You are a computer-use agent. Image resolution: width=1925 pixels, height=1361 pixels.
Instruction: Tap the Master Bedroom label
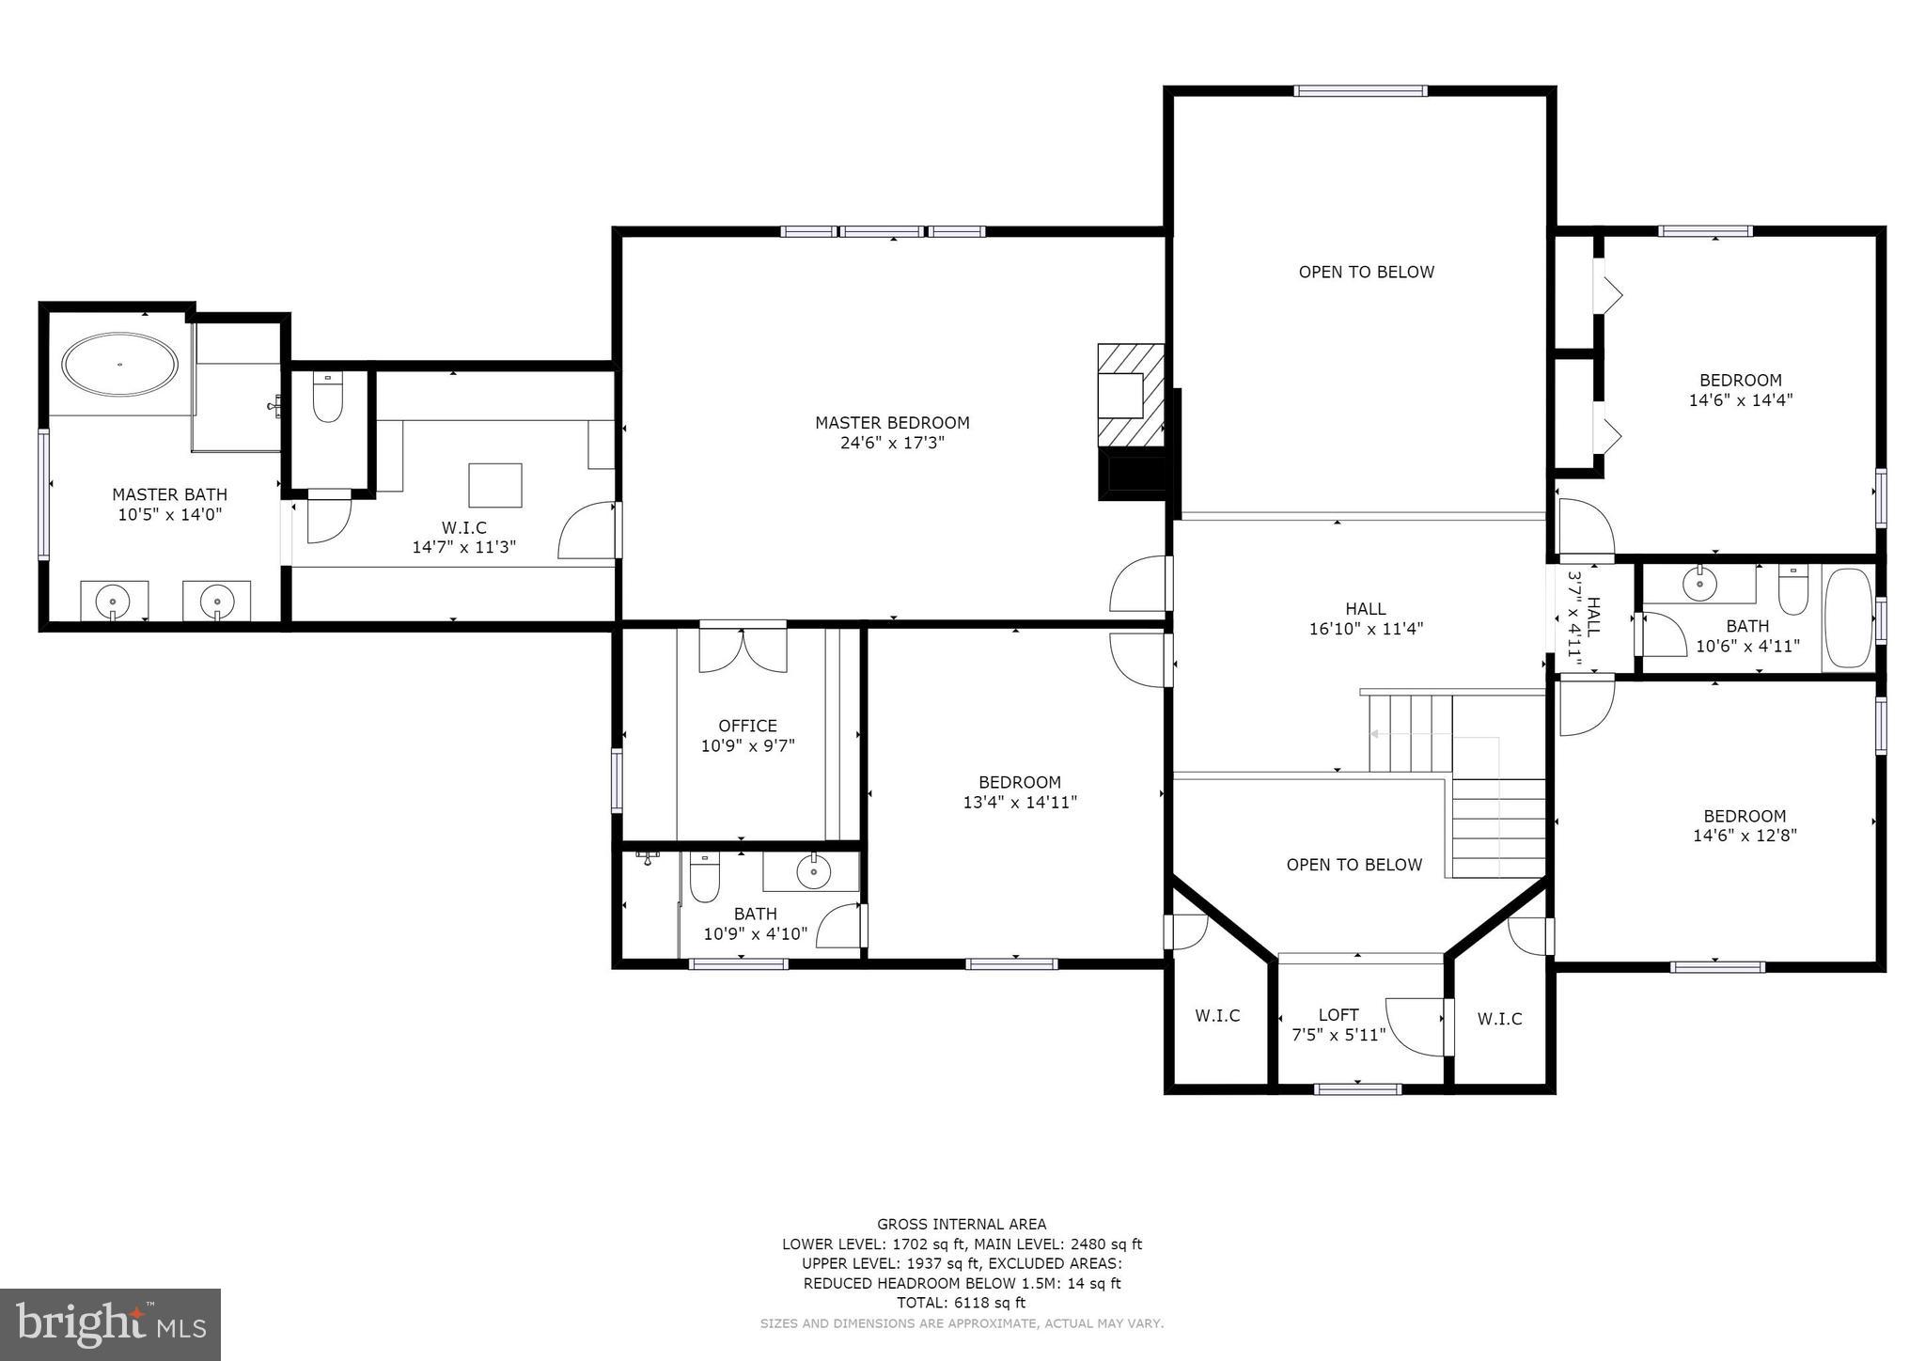point(892,423)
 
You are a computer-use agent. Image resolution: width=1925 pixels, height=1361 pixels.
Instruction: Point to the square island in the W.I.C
point(495,485)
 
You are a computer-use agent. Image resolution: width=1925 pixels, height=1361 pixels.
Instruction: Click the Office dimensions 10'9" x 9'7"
point(748,746)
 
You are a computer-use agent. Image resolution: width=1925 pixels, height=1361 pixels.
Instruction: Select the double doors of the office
point(743,649)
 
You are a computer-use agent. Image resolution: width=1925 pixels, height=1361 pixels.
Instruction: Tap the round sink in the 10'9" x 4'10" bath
point(813,872)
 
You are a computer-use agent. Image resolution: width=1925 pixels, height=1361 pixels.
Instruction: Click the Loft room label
point(1338,1015)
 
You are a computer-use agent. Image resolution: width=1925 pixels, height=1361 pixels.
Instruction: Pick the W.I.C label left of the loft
point(1217,1016)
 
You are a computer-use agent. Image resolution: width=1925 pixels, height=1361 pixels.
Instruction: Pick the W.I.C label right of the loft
point(1499,1019)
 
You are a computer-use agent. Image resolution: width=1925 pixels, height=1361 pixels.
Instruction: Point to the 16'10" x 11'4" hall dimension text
point(1366,630)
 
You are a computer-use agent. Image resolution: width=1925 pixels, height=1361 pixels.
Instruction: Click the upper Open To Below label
point(1366,273)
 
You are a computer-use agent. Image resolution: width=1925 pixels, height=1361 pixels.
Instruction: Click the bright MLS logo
point(111,1324)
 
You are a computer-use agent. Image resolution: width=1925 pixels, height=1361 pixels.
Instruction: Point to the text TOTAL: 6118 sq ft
point(962,1303)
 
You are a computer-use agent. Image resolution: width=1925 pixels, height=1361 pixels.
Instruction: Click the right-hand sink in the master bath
point(217,600)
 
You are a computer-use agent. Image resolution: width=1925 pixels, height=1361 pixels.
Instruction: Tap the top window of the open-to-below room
point(1359,91)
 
